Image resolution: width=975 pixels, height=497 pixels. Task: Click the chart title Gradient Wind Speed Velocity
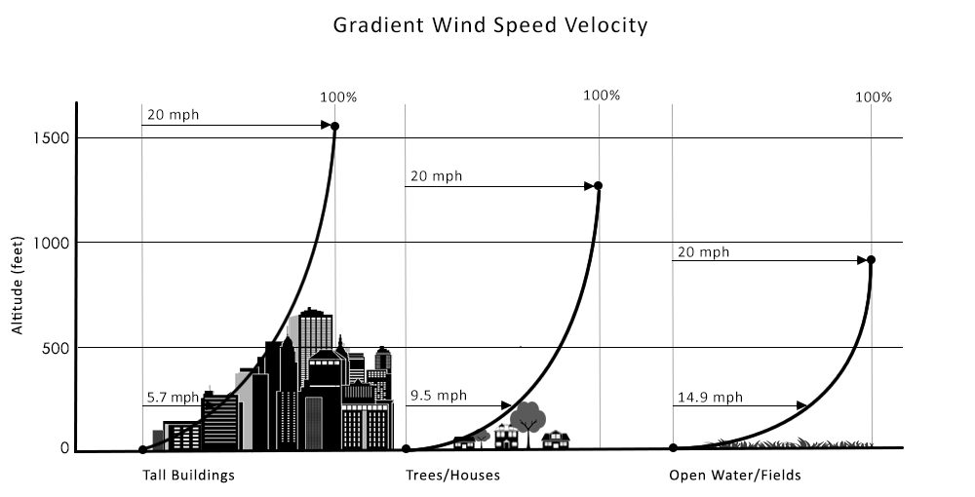[490, 25]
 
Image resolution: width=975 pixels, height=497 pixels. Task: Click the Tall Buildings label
[189, 476]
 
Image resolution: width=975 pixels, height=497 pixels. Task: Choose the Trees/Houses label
[452, 476]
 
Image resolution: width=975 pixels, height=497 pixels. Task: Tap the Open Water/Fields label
[735, 476]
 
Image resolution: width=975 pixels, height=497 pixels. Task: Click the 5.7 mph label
[173, 397]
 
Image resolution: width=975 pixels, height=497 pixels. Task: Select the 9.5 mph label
[438, 396]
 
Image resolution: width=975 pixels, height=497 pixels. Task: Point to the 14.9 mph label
[709, 397]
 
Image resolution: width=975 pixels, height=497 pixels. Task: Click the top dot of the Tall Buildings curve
[335, 126]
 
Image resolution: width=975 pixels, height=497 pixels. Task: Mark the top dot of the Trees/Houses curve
[598, 185]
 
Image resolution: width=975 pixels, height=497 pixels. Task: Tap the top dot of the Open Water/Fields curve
[871, 260]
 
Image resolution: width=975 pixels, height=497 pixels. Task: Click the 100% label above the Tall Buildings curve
[338, 97]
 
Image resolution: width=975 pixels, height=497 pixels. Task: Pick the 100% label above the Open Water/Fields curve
[873, 96]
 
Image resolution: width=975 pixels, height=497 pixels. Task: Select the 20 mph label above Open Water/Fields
[703, 252]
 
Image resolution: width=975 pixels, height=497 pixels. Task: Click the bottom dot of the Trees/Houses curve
[406, 449]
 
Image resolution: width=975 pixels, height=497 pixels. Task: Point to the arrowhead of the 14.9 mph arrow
[802, 405]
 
